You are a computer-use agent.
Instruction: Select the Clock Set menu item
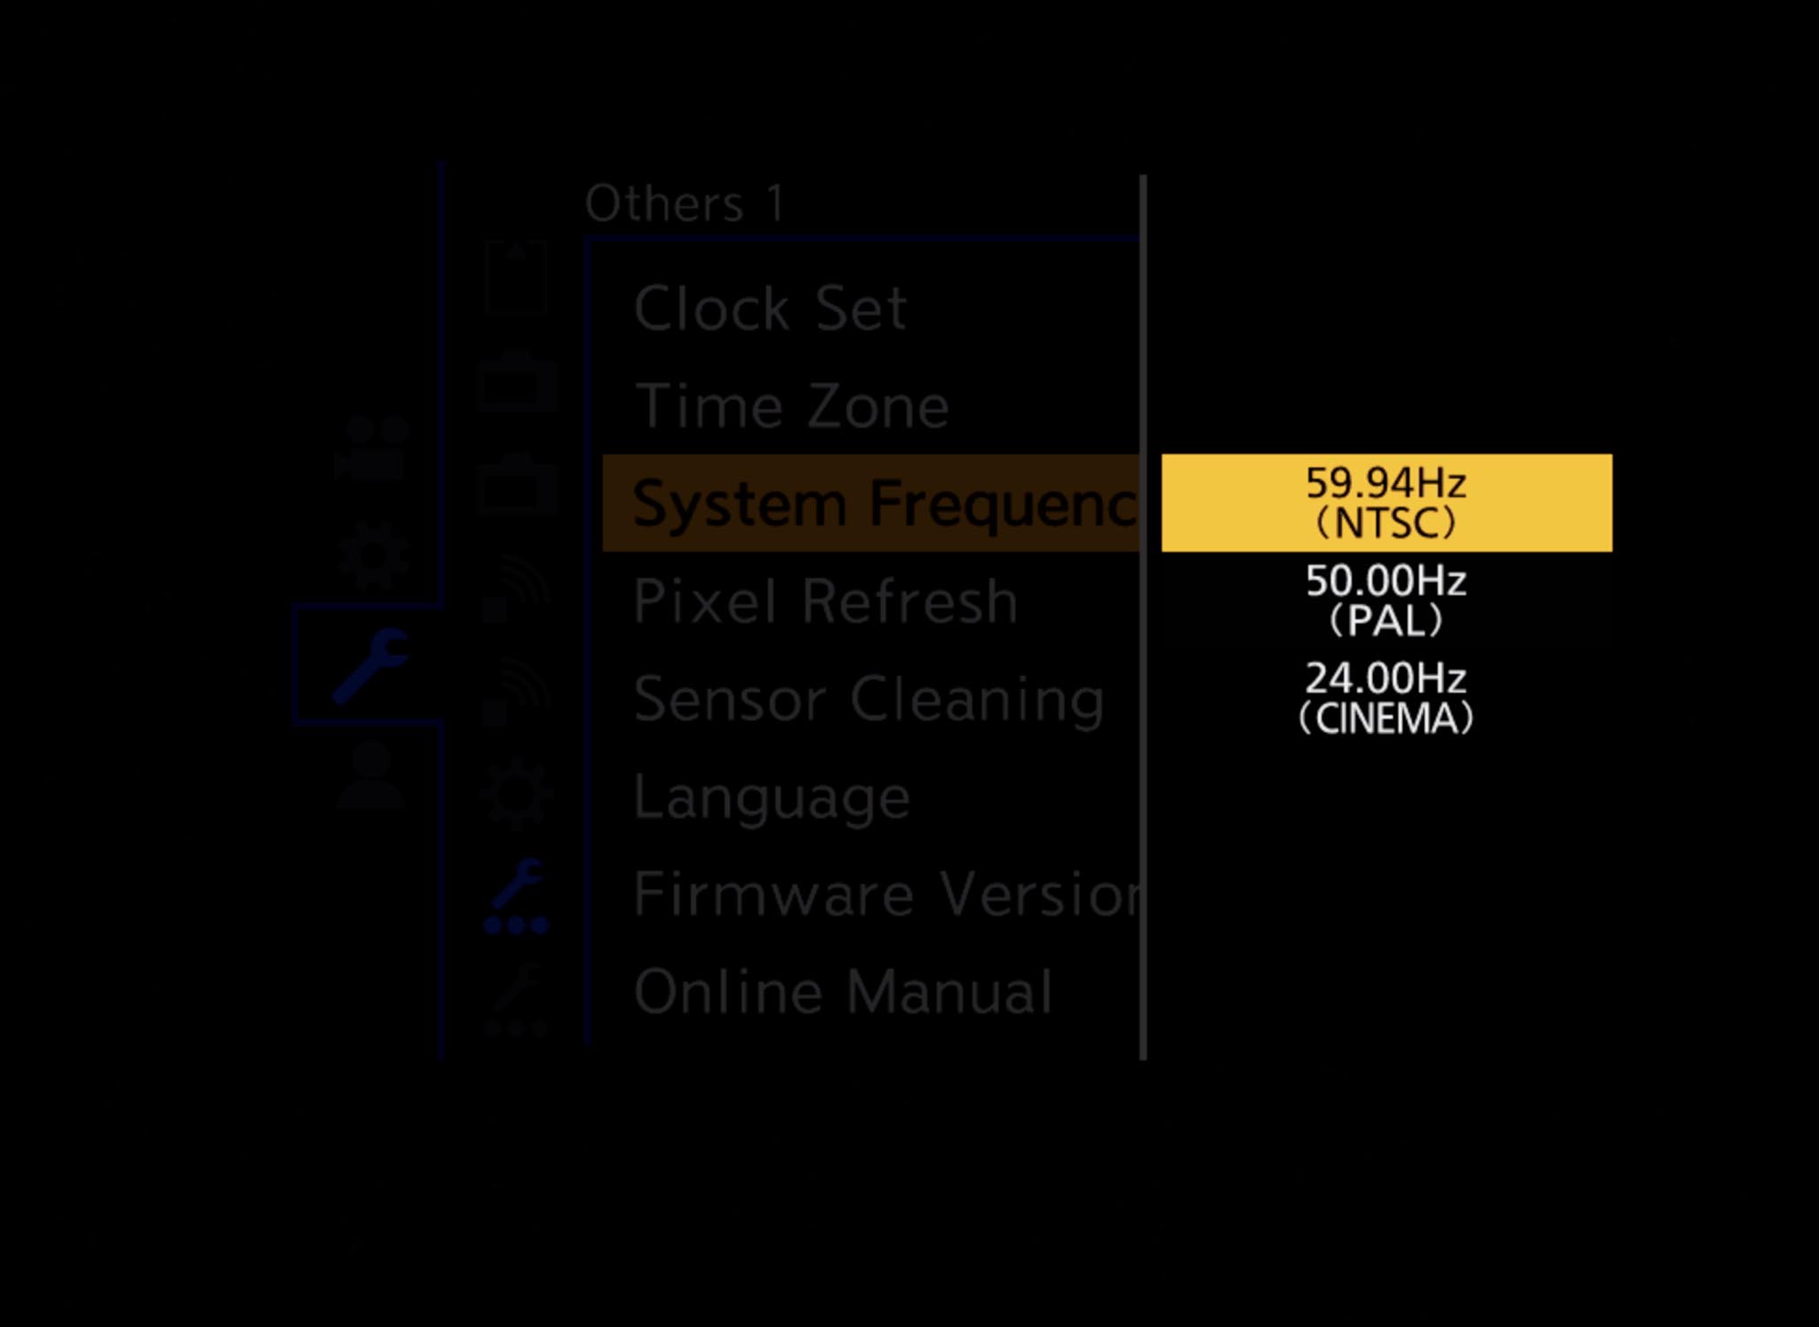pos(770,308)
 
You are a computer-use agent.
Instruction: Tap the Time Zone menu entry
pos(791,406)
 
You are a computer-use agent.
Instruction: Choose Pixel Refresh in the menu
pos(825,601)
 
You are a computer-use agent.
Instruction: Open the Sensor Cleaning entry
pos(869,699)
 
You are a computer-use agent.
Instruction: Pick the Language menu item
pos(772,797)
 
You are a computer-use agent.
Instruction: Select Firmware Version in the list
pos(886,894)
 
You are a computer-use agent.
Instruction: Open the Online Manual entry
pos(843,991)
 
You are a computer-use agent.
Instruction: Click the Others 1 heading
pos(685,203)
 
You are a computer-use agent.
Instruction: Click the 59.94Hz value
pos(1386,483)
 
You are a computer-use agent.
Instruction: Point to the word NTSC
pos(1386,523)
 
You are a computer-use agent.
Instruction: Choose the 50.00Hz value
pos(1386,581)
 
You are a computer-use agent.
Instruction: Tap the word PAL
pos(1386,621)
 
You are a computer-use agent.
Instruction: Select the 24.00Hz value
pos(1386,679)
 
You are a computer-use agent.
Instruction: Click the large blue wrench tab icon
pos(370,665)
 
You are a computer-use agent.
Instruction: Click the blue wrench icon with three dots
pos(516,897)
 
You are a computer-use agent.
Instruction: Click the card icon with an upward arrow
pos(516,277)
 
